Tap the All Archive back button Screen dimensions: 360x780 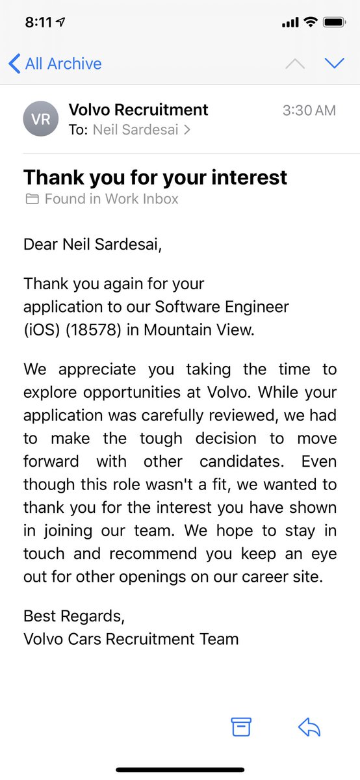pyautogui.click(x=55, y=64)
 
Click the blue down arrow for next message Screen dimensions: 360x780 pyautogui.click(x=334, y=63)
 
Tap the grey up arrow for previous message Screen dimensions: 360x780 pyautogui.click(x=295, y=63)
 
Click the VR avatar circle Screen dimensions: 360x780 pyautogui.click(x=41, y=119)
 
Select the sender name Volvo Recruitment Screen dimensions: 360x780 pyautogui.click(x=138, y=110)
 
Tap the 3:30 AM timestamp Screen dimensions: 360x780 pyautogui.click(x=309, y=110)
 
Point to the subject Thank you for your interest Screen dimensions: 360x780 pyautogui.click(x=155, y=177)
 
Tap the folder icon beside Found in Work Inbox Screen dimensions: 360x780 pyautogui.click(x=32, y=200)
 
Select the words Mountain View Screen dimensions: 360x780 pyautogui.click(x=199, y=330)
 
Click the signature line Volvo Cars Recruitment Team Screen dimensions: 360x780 pyautogui.click(x=131, y=639)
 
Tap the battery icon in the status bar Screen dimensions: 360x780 pyautogui.click(x=334, y=22)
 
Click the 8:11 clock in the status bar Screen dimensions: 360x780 pyautogui.click(x=38, y=22)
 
